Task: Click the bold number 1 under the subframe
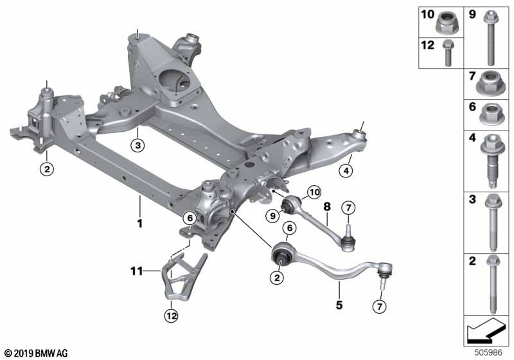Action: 140,223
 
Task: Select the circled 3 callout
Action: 137,145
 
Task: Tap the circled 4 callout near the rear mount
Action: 346,170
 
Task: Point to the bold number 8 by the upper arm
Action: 327,207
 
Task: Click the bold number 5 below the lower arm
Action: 339,305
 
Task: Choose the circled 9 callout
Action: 272,216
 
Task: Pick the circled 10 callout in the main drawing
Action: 314,192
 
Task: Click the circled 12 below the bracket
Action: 171,316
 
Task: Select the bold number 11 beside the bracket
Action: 137,271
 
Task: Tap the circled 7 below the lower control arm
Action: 380,306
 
